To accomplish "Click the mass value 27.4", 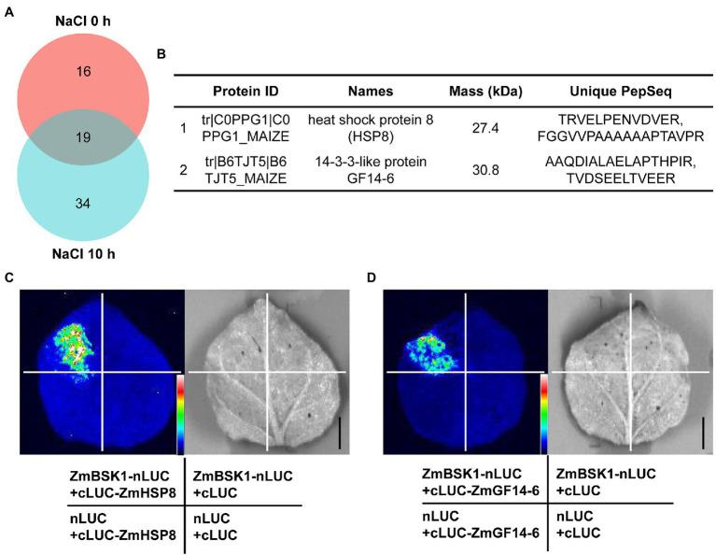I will (x=484, y=128).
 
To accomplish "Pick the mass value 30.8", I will (x=484, y=168).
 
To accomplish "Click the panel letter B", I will (x=161, y=54).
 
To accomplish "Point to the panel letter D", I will (x=372, y=277).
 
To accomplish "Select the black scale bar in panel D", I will (x=703, y=434).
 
